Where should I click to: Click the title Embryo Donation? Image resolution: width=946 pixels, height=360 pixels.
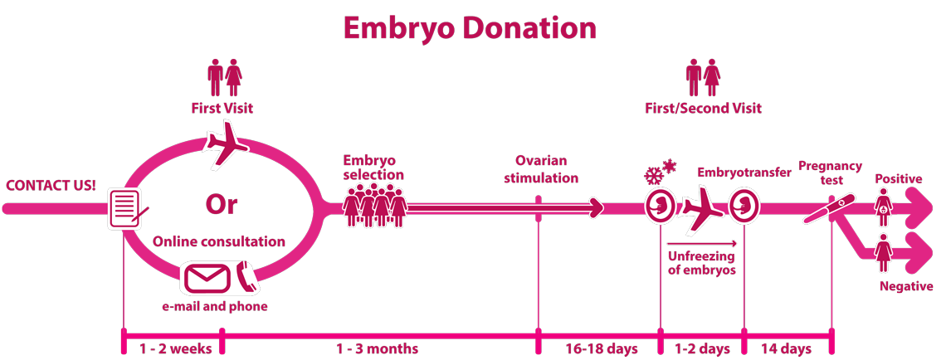click(x=470, y=27)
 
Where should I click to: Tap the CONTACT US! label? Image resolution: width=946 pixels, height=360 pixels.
click(x=51, y=185)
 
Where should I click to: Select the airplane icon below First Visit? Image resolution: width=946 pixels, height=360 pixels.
click(x=225, y=144)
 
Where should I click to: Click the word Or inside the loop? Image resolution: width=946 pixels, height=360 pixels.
click(x=221, y=204)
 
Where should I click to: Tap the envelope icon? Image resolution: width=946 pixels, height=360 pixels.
click(x=207, y=278)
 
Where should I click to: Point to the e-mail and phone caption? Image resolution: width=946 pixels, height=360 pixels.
click(x=215, y=307)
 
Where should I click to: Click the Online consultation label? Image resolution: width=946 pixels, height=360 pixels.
click(x=219, y=242)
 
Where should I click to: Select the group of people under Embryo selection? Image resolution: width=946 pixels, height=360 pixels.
click(x=375, y=205)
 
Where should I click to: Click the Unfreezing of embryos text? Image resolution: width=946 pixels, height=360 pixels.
click(x=701, y=263)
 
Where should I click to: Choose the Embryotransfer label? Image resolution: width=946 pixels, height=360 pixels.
click(x=744, y=173)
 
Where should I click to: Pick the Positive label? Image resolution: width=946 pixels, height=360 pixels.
click(x=898, y=179)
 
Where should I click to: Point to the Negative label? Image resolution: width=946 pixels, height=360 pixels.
click(x=906, y=286)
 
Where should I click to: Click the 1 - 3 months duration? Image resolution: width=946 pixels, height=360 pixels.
click(x=377, y=348)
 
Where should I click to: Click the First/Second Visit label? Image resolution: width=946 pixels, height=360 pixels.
click(x=703, y=109)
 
